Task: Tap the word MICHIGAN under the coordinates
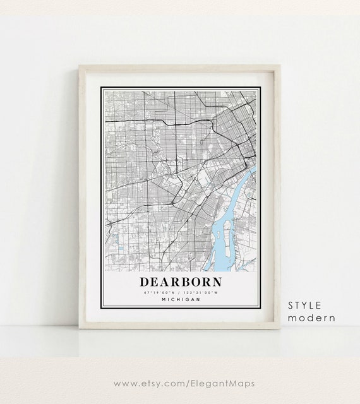pos(181,299)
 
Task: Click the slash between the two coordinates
pos(181,292)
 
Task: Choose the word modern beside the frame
pos(311,318)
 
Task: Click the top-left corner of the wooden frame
pos(80,66)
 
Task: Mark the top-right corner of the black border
pos(260,88)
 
